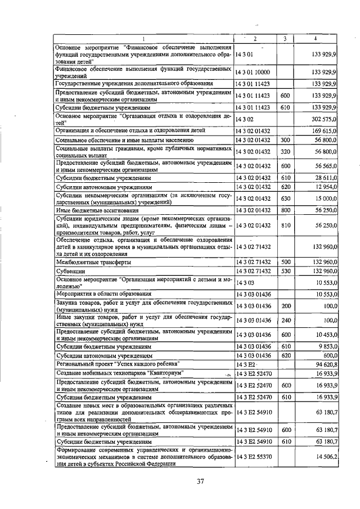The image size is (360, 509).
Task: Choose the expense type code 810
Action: [285, 225]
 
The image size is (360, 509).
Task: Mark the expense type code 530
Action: [285, 271]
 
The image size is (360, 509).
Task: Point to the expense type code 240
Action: [285, 320]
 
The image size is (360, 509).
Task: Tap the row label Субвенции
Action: [70, 271]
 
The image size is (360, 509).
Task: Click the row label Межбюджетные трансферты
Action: [93, 262]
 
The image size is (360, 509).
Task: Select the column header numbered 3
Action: [285, 38]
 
